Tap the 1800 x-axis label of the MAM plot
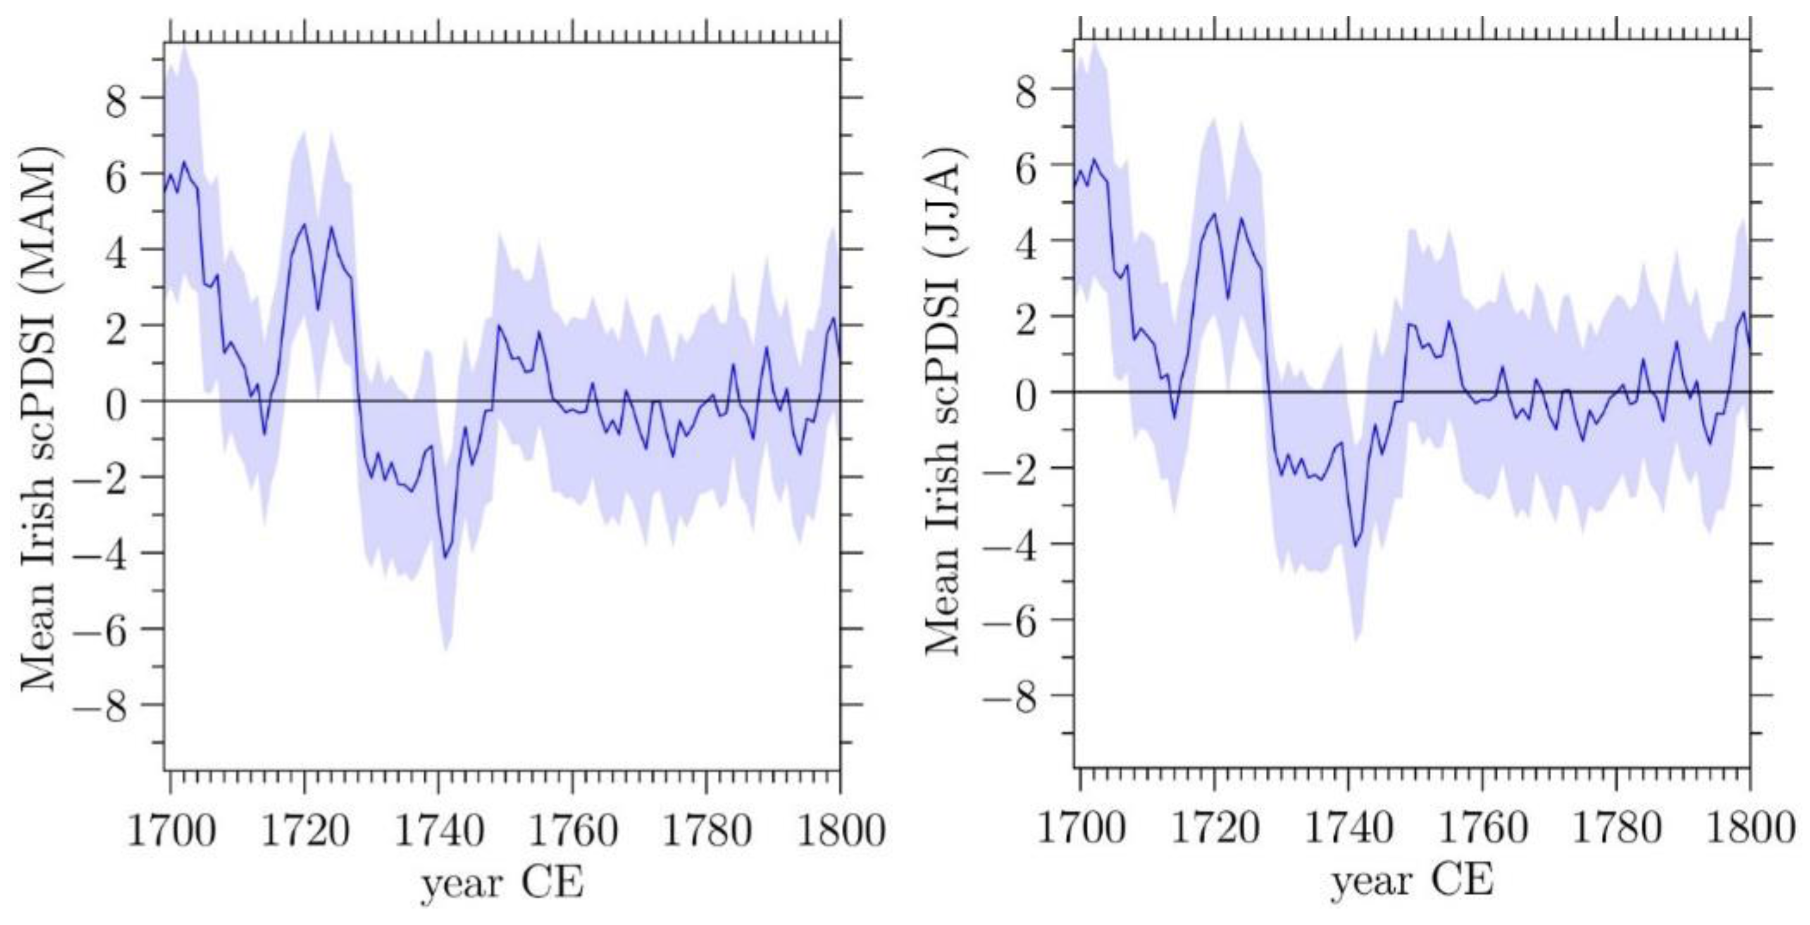coord(840,832)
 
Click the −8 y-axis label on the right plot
coord(1009,696)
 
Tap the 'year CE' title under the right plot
coord(1412,880)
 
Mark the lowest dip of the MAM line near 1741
coord(445,557)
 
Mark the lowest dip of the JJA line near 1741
coord(1355,545)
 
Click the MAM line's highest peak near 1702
coord(185,163)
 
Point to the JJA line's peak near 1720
coord(1213,214)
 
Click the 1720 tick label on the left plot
coord(305,832)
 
